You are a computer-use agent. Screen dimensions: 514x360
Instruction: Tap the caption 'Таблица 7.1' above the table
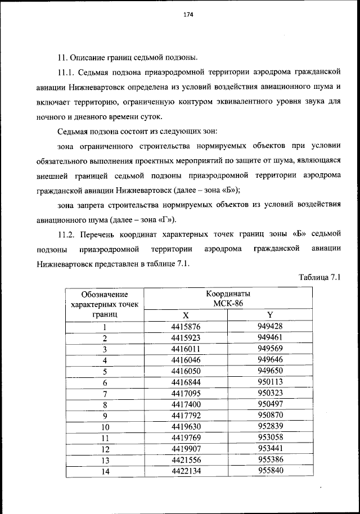pos(320,277)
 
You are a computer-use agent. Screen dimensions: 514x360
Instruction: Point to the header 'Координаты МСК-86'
pos(228,299)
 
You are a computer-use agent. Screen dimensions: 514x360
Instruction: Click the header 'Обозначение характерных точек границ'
pos(105,304)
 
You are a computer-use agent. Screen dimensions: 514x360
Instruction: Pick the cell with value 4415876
pos(186,327)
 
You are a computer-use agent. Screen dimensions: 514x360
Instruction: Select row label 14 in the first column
pos(105,472)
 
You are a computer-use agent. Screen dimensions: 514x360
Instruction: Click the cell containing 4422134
pos(186,472)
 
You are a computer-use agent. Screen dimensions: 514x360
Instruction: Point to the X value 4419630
pos(186,426)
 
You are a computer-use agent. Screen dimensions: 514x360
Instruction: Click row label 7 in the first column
pos(105,393)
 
